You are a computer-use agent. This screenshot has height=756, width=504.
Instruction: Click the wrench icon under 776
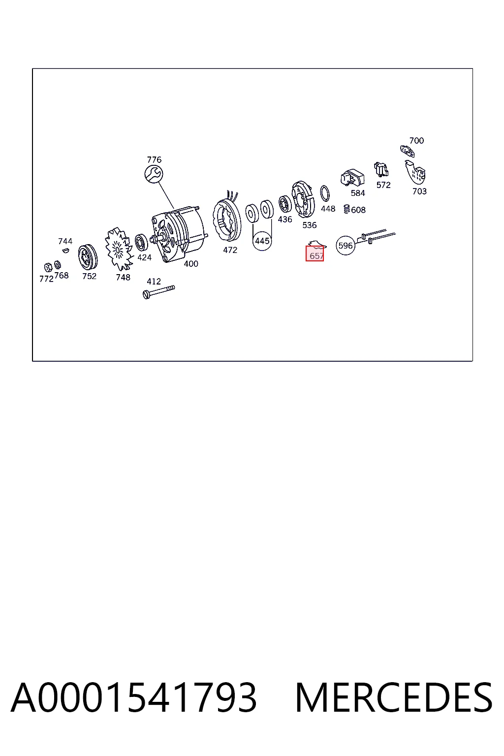pyautogui.click(x=154, y=174)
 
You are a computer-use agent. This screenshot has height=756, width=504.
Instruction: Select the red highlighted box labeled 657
pyautogui.click(x=315, y=253)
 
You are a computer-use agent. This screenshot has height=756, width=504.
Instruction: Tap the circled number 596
pyautogui.click(x=346, y=246)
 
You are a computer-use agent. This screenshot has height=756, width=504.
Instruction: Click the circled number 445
pyautogui.click(x=262, y=241)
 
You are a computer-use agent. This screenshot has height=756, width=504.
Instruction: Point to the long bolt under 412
pyautogui.click(x=158, y=292)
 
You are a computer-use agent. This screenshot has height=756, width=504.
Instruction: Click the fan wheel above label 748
pyautogui.click(x=118, y=249)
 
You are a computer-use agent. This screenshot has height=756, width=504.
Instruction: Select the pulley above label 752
pyautogui.click(x=88, y=257)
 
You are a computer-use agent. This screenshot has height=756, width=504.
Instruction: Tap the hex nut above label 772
pyautogui.click(x=48, y=267)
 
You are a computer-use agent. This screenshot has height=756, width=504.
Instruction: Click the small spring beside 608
pyautogui.click(x=346, y=209)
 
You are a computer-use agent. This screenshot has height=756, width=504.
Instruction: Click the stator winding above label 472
pyautogui.click(x=226, y=219)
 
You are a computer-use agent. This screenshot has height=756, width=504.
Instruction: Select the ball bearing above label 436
pyautogui.click(x=285, y=204)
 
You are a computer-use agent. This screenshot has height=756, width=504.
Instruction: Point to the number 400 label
pyautogui.click(x=191, y=264)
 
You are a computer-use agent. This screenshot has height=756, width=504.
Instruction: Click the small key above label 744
pyautogui.click(x=66, y=250)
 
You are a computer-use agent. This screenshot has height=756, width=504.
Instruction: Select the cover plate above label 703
pyautogui.click(x=415, y=173)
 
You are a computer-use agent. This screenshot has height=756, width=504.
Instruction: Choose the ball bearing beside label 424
pyautogui.click(x=141, y=242)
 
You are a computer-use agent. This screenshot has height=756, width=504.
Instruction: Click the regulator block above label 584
pyautogui.click(x=352, y=178)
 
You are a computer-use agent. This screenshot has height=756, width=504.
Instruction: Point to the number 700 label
pyautogui.click(x=416, y=141)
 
